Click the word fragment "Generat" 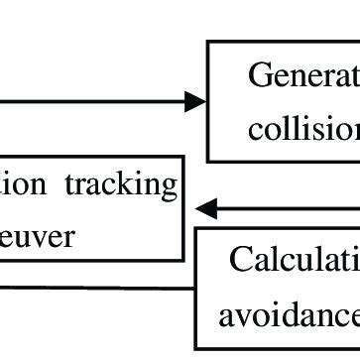(x=302, y=75)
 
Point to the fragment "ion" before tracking (x=21, y=184)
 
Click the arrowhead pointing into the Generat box (x=197, y=100)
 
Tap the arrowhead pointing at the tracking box (x=204, y=208)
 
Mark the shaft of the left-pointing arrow (x=288, y=208)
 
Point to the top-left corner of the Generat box (x=207, y=42)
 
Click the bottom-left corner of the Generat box (x=207, y=160)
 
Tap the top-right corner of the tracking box (x=184, y=156)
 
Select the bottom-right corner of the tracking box (x=184, y=260)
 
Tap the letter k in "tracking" (x=137, y=184)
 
